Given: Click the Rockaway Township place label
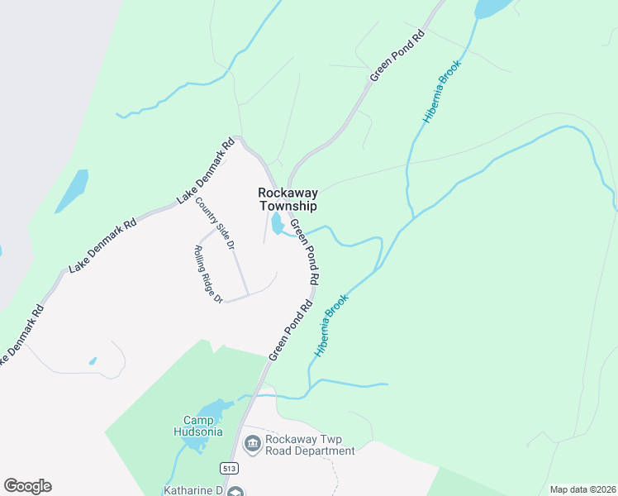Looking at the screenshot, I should pos(288,199).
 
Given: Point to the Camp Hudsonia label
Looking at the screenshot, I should pos(199,425).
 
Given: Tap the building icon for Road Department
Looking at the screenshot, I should pos(252,446).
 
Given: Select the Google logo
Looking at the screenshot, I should pos(27,486).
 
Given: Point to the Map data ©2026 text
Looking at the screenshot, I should pos(583,489).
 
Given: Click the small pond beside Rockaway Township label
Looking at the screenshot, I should pos(277,223).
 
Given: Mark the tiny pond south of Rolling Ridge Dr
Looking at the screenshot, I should pos(93,361).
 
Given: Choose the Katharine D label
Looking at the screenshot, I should pos(193,489).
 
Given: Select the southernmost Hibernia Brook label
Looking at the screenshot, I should pos(331,326).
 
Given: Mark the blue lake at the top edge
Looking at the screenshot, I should pos(493,7).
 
